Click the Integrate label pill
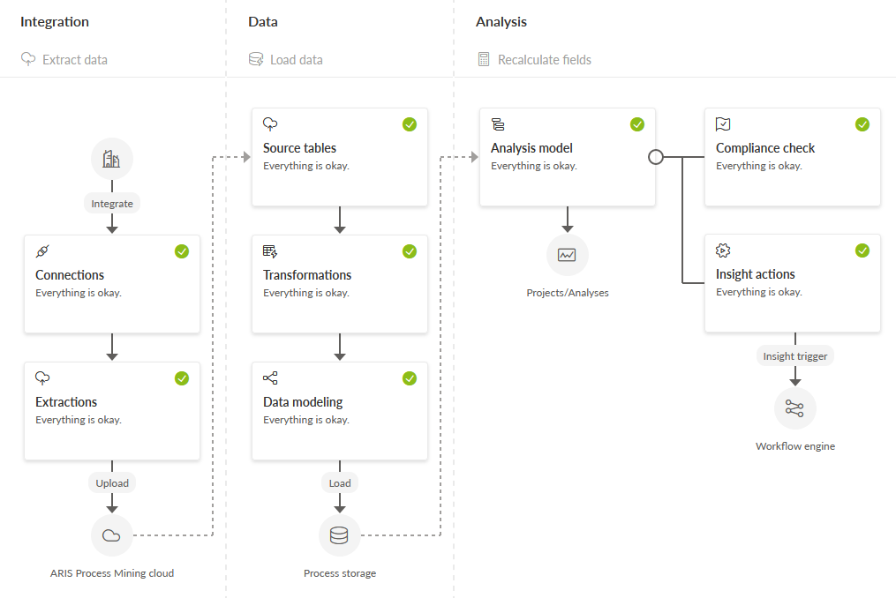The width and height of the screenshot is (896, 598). (112, 204)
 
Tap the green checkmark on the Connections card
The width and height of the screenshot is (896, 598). (182, 251)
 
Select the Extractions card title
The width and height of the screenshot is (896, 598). (66, 402)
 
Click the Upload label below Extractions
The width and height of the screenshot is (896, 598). (112, 483)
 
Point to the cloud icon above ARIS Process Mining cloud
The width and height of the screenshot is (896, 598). (111, 535)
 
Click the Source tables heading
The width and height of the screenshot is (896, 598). (299, 148)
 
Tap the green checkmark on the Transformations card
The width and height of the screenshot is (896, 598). (410, 251)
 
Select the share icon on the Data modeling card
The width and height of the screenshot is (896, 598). (270, 378)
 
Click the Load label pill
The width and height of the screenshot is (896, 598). (340, 483)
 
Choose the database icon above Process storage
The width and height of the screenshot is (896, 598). (340, 535)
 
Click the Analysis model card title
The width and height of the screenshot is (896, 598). (531, 148)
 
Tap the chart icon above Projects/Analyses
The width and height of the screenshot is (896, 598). (567, 255)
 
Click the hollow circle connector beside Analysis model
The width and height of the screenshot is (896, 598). (656, 157)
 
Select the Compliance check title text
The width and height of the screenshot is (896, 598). (765, 148)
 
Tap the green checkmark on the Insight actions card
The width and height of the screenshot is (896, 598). (862, 250)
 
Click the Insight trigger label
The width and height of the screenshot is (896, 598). (795, 356)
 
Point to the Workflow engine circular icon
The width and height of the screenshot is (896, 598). (794, 408)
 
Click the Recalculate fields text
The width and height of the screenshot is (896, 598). (545, 60)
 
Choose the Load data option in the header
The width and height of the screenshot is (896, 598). (296, 60)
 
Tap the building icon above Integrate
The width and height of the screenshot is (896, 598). (111, 159)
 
